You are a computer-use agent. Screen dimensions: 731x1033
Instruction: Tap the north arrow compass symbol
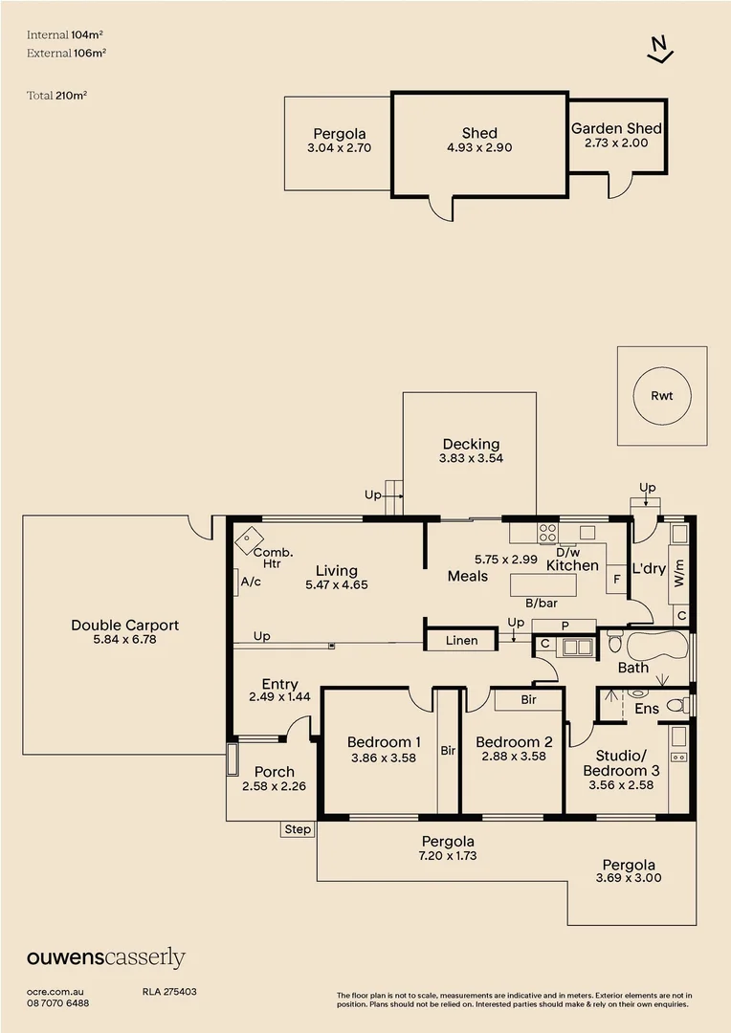pos(660,50)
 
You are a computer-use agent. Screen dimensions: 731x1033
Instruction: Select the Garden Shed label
pos(616,128)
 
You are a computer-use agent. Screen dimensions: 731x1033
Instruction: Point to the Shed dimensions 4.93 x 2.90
pos(479,147)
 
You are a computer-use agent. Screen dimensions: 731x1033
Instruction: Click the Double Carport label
pos(125,626)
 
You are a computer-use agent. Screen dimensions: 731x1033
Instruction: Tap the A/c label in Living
pos(251,582)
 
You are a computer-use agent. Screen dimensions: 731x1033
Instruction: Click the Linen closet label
pos(461,640)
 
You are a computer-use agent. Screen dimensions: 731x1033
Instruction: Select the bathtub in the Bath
pos(657,646)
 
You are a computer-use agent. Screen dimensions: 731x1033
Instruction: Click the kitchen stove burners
pos(547,533)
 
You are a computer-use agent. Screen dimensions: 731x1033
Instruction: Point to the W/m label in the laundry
pos(679,573)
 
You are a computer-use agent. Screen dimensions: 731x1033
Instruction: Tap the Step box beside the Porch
pos(298,828)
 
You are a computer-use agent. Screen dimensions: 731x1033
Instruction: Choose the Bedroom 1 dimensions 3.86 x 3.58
pos(384,758)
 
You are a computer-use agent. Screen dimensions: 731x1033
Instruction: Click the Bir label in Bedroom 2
pos(529,699)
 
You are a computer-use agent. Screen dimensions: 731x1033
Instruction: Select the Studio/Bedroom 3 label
pos(621,763)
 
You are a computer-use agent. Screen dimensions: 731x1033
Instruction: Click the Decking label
pos(472,444)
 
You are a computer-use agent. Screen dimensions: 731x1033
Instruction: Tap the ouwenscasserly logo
pos(106,958)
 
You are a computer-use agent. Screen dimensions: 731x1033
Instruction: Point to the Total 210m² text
pos(57,96)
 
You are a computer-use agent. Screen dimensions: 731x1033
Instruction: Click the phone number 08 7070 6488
pos(58,1003)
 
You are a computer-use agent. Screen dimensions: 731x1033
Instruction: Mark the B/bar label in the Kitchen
pos(542,603)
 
